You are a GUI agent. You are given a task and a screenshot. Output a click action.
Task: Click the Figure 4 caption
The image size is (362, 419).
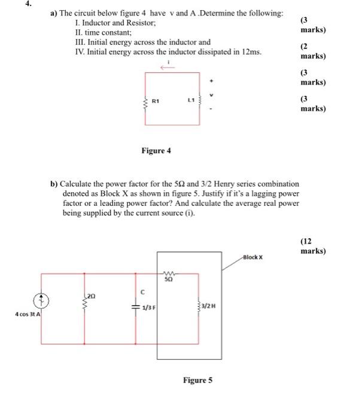click(156, 151)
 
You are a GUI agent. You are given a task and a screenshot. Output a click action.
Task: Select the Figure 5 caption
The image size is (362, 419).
click(197, 380)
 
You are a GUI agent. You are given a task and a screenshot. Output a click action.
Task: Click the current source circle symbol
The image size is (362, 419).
click(41, 300)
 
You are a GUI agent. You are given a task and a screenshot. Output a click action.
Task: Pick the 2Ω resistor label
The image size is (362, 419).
click(90, 296)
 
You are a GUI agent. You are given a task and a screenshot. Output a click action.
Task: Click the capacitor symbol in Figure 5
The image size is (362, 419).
click(138, 306)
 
